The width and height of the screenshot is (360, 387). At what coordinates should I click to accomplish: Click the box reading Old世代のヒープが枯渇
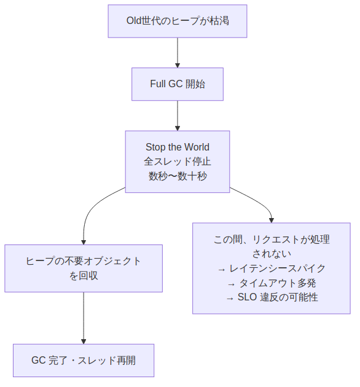[x=178, y=21]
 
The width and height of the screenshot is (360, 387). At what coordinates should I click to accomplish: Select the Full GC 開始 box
[x=178, y=84]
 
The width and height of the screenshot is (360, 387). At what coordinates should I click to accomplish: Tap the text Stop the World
[x=178, y=147]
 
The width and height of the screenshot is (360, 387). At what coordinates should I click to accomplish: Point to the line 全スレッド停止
[x=178, y=162]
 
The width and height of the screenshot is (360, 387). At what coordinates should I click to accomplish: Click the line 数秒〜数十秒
[x=178, y=176]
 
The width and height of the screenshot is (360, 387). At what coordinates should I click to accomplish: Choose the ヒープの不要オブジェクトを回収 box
[x=84, y=268]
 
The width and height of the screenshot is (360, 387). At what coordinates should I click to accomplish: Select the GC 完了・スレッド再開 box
[x=84, y=361]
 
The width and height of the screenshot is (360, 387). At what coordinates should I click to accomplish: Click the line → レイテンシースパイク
[x=271, y=268]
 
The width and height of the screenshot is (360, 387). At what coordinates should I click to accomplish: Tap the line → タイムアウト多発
[x=271, y=283]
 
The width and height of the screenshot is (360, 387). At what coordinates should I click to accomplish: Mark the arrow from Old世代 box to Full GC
[x=178, y=52]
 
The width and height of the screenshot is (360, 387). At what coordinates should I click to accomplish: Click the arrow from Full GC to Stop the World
[x=178, y=115]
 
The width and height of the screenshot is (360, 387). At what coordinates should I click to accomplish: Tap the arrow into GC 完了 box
[x=84, y=318]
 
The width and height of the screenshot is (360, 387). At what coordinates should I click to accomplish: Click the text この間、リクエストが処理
[x=271, y=240]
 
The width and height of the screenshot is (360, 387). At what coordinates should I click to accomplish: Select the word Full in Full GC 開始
[x=158, y=84]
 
